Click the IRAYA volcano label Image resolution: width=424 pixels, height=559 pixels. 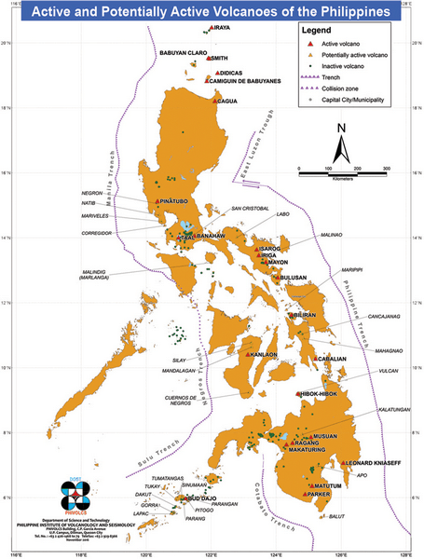point(222,28)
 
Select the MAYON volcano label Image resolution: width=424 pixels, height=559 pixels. point(278,263)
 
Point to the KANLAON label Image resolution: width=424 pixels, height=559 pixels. point(265,355)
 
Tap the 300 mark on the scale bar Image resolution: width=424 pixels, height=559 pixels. point(385,166)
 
